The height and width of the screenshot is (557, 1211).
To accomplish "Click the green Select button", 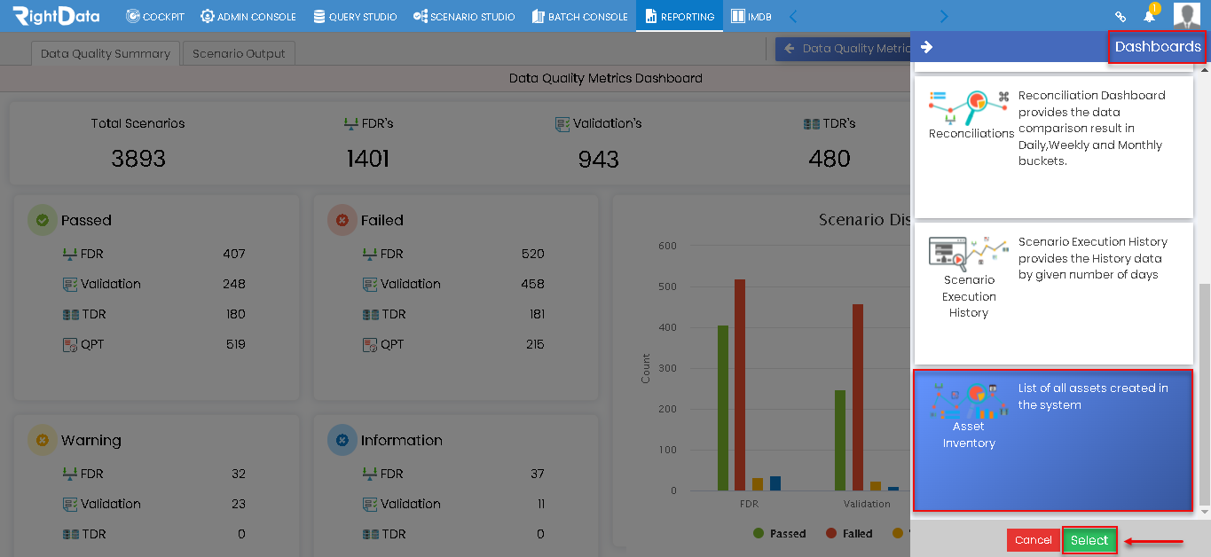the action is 1089,540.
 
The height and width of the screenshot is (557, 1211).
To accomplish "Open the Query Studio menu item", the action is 355,17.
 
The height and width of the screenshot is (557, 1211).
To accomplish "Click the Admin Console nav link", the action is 248,17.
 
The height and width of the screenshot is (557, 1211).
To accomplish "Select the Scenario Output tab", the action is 239,53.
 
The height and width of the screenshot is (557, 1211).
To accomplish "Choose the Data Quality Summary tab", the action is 106,53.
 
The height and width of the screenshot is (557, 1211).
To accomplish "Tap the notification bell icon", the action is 1149,16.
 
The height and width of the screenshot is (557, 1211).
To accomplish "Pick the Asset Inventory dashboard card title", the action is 969,435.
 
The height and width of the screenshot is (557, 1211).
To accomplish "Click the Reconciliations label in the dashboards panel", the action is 971,133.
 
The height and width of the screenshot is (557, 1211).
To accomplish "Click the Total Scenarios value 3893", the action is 138,159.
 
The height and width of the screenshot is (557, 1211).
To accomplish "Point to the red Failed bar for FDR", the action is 740,385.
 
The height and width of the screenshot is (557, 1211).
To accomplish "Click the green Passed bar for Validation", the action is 839,440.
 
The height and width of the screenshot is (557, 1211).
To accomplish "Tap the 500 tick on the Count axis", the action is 667,286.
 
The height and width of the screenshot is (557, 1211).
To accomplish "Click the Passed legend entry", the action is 779,533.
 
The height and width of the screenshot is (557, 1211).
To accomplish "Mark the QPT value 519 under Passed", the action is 236,344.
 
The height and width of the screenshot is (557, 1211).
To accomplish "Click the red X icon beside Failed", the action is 342,220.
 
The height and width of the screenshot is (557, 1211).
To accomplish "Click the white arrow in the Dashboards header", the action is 926,47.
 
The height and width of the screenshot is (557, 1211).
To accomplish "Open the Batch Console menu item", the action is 579,17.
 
